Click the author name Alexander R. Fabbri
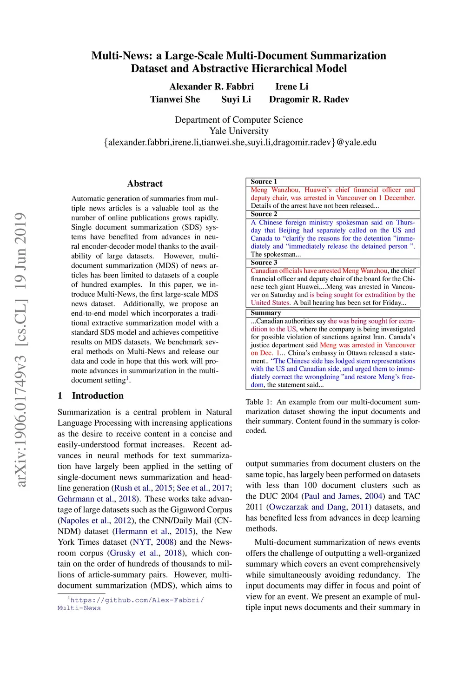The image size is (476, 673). tap(212, 86)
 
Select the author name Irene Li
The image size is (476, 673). tap(291, 86)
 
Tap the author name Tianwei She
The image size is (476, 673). tap(175, 99)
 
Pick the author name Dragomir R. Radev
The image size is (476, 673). tap(309, 99)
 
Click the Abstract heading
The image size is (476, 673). tap(145, 184)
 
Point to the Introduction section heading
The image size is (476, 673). tap(98, 396)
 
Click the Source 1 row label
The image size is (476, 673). tap(264, 182)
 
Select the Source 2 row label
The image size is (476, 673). tap(264, 214)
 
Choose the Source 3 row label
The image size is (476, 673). tap(264, 263)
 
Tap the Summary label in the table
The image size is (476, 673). tap(265, 313)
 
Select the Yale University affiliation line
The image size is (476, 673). tap(238, 131)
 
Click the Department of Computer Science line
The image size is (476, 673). tap(238, 120)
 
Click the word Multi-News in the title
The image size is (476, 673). tap(121, 56)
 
